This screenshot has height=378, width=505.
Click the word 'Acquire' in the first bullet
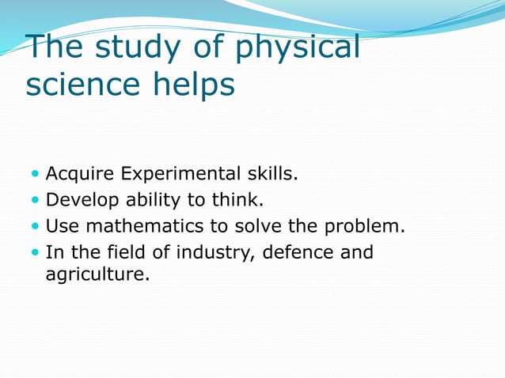[x=78, y=173]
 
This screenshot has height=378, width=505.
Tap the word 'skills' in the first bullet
[x=268, y=173]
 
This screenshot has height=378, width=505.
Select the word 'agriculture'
[x=96, y=277]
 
